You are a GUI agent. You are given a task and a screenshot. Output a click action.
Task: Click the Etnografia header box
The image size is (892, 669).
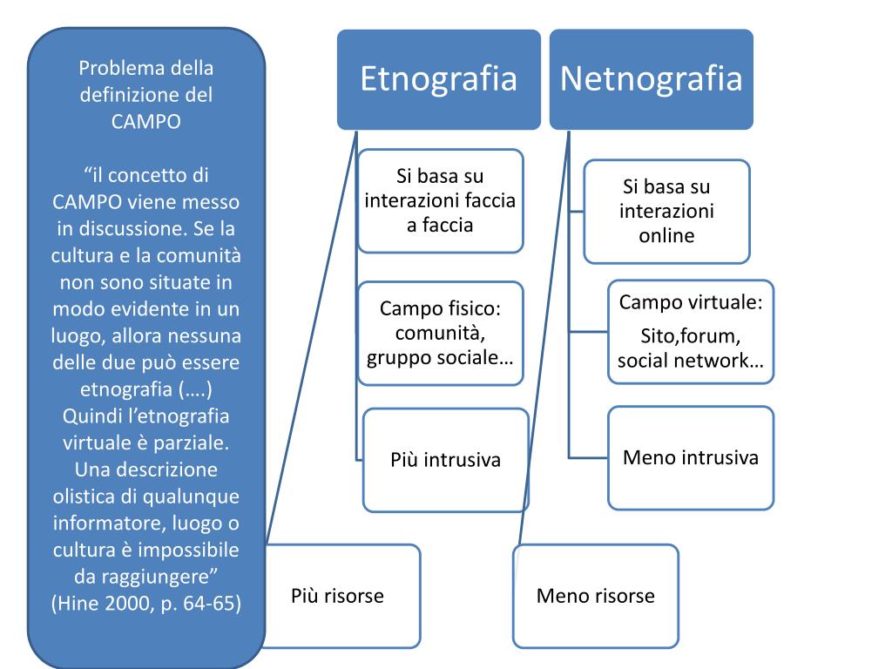point(439,79)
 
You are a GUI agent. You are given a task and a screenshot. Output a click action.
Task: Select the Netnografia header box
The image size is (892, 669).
point(652,79)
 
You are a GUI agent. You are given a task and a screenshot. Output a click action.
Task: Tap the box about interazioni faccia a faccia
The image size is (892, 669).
point(440,201)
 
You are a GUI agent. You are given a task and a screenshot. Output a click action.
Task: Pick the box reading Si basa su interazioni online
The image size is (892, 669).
point(666,211)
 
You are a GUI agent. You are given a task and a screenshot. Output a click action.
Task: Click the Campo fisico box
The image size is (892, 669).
point(440,334)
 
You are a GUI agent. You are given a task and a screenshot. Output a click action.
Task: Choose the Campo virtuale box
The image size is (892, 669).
point(691,332)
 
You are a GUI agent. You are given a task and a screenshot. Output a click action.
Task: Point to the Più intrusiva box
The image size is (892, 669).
point(445,459)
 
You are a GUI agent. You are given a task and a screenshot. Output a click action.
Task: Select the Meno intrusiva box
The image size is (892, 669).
point(691,457)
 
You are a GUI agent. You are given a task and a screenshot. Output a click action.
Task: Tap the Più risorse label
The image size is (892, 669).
point(337,596)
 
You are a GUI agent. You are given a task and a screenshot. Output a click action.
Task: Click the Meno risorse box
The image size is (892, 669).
point(596,596)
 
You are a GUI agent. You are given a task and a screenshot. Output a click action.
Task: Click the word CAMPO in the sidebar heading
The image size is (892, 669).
point(146,122)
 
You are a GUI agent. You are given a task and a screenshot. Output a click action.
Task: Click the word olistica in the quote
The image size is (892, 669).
point(84,497)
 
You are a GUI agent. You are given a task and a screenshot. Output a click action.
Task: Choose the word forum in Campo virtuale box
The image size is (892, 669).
point(713,338)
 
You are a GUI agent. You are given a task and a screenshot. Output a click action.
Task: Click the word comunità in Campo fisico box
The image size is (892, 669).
point(440,334)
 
